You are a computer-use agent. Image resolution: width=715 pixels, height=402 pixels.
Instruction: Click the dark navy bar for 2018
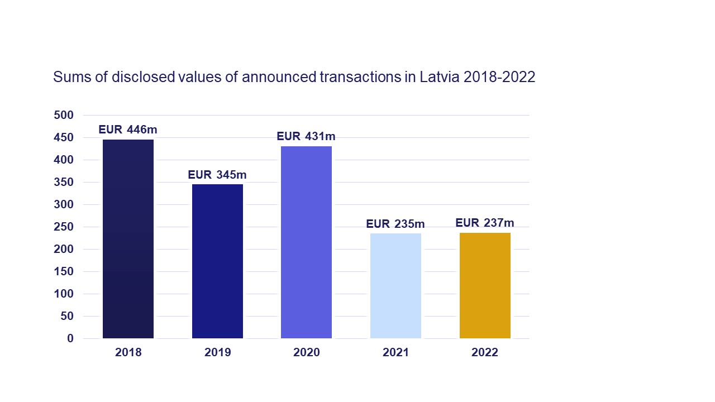pyautogui.click(x=128, y=239)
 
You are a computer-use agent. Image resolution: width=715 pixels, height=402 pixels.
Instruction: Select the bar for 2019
pyautogui.click(x=217, y=261)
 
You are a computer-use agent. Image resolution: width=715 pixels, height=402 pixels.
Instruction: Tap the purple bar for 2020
pyautogui.click(x=306, y=242)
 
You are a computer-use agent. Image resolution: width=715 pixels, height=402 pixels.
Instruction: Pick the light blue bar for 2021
pyautogui.click(x=395, y=286)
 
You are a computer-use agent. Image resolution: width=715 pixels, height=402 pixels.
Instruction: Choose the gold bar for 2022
pyautogui.click(x=485, y=285)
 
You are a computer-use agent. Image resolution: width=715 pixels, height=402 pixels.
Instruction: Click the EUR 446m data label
pyautogui.click(x=128, y=130)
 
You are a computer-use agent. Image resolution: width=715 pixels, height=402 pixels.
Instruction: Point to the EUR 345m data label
pyautogui.click(x=217, y=175)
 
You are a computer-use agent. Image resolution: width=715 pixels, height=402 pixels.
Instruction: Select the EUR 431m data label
pyautogui.click(x=306, y=137)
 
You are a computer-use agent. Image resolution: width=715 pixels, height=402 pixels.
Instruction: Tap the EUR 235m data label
pyautogui.click(x=395, y=224)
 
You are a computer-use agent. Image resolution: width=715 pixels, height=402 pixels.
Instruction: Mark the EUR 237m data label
pyautogui.click(x=485, y=223)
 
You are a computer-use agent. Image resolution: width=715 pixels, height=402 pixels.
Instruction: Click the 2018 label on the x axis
pyautogui.click(x=128, y=353)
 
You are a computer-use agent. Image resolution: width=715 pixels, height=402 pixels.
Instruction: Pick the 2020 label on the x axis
pyautogui.click(x=306, y=353)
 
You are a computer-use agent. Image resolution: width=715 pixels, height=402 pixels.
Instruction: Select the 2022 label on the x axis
pyautogui.click(x=485, y=353)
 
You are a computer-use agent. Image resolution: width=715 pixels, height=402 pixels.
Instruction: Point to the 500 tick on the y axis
pyautogui.click(x=64, y=115)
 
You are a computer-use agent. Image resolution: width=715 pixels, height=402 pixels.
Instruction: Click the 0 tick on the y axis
pyautogui.click(x=70, y=338)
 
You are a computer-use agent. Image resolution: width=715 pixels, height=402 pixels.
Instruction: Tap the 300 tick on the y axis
pyautogui.click(x=64, y=204)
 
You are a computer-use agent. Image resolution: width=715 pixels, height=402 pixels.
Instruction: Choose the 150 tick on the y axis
pyautogui.click(x=64, y=271)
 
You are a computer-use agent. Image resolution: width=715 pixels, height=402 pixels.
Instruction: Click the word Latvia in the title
pyautogui.click(x=439, y=77)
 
